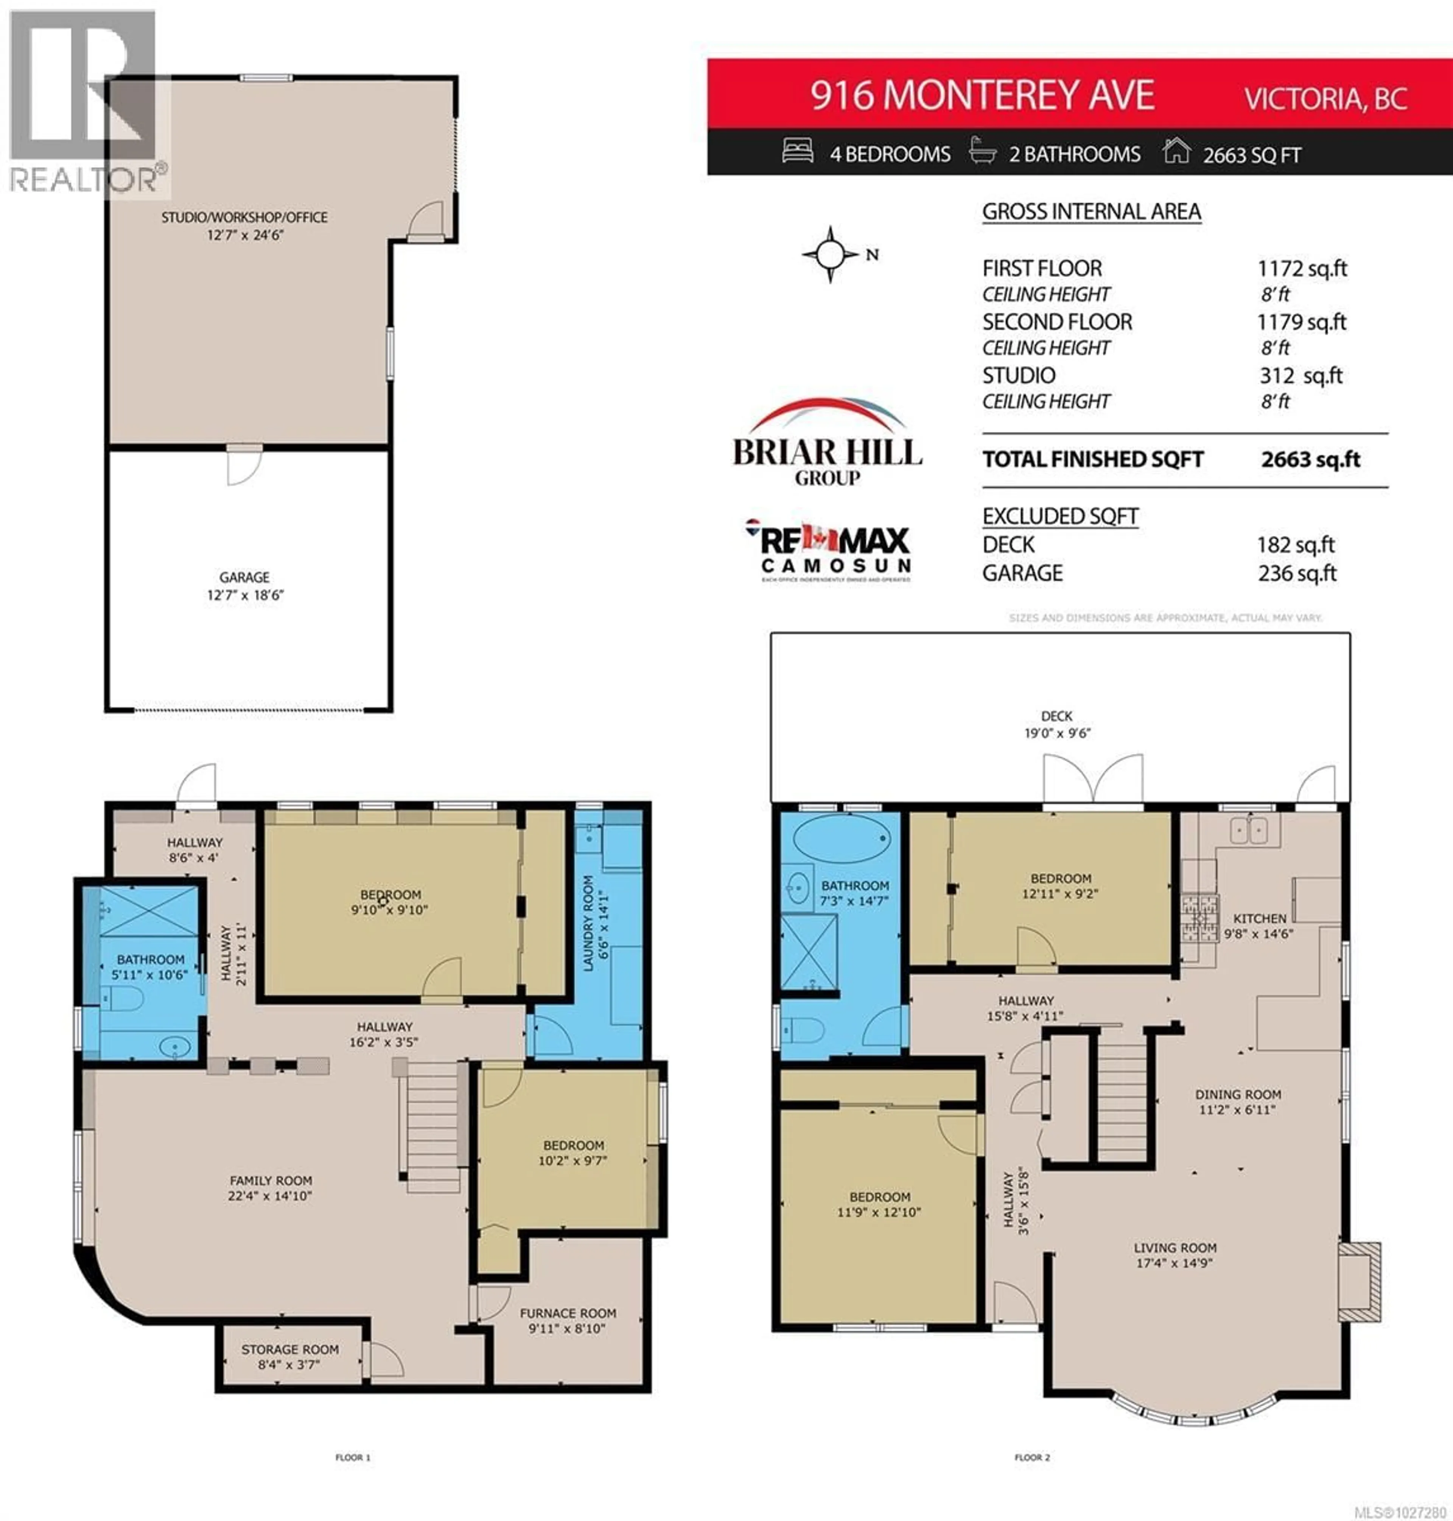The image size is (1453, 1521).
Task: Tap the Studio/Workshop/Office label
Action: pyautogui.click(x=244, y=225)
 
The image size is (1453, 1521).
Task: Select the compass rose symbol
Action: pyautogui.click(x=830, y=254)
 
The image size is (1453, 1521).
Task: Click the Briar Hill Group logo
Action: pyautogui.click(x=827, y=443)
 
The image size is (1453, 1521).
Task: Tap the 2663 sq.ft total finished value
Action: pyautogui.click(x=1310, y=459)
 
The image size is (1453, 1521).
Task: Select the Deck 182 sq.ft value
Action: pyautogui.click(x=1295, y=544)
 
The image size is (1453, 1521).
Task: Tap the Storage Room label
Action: pyautogui.click(x=290, y=1356)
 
